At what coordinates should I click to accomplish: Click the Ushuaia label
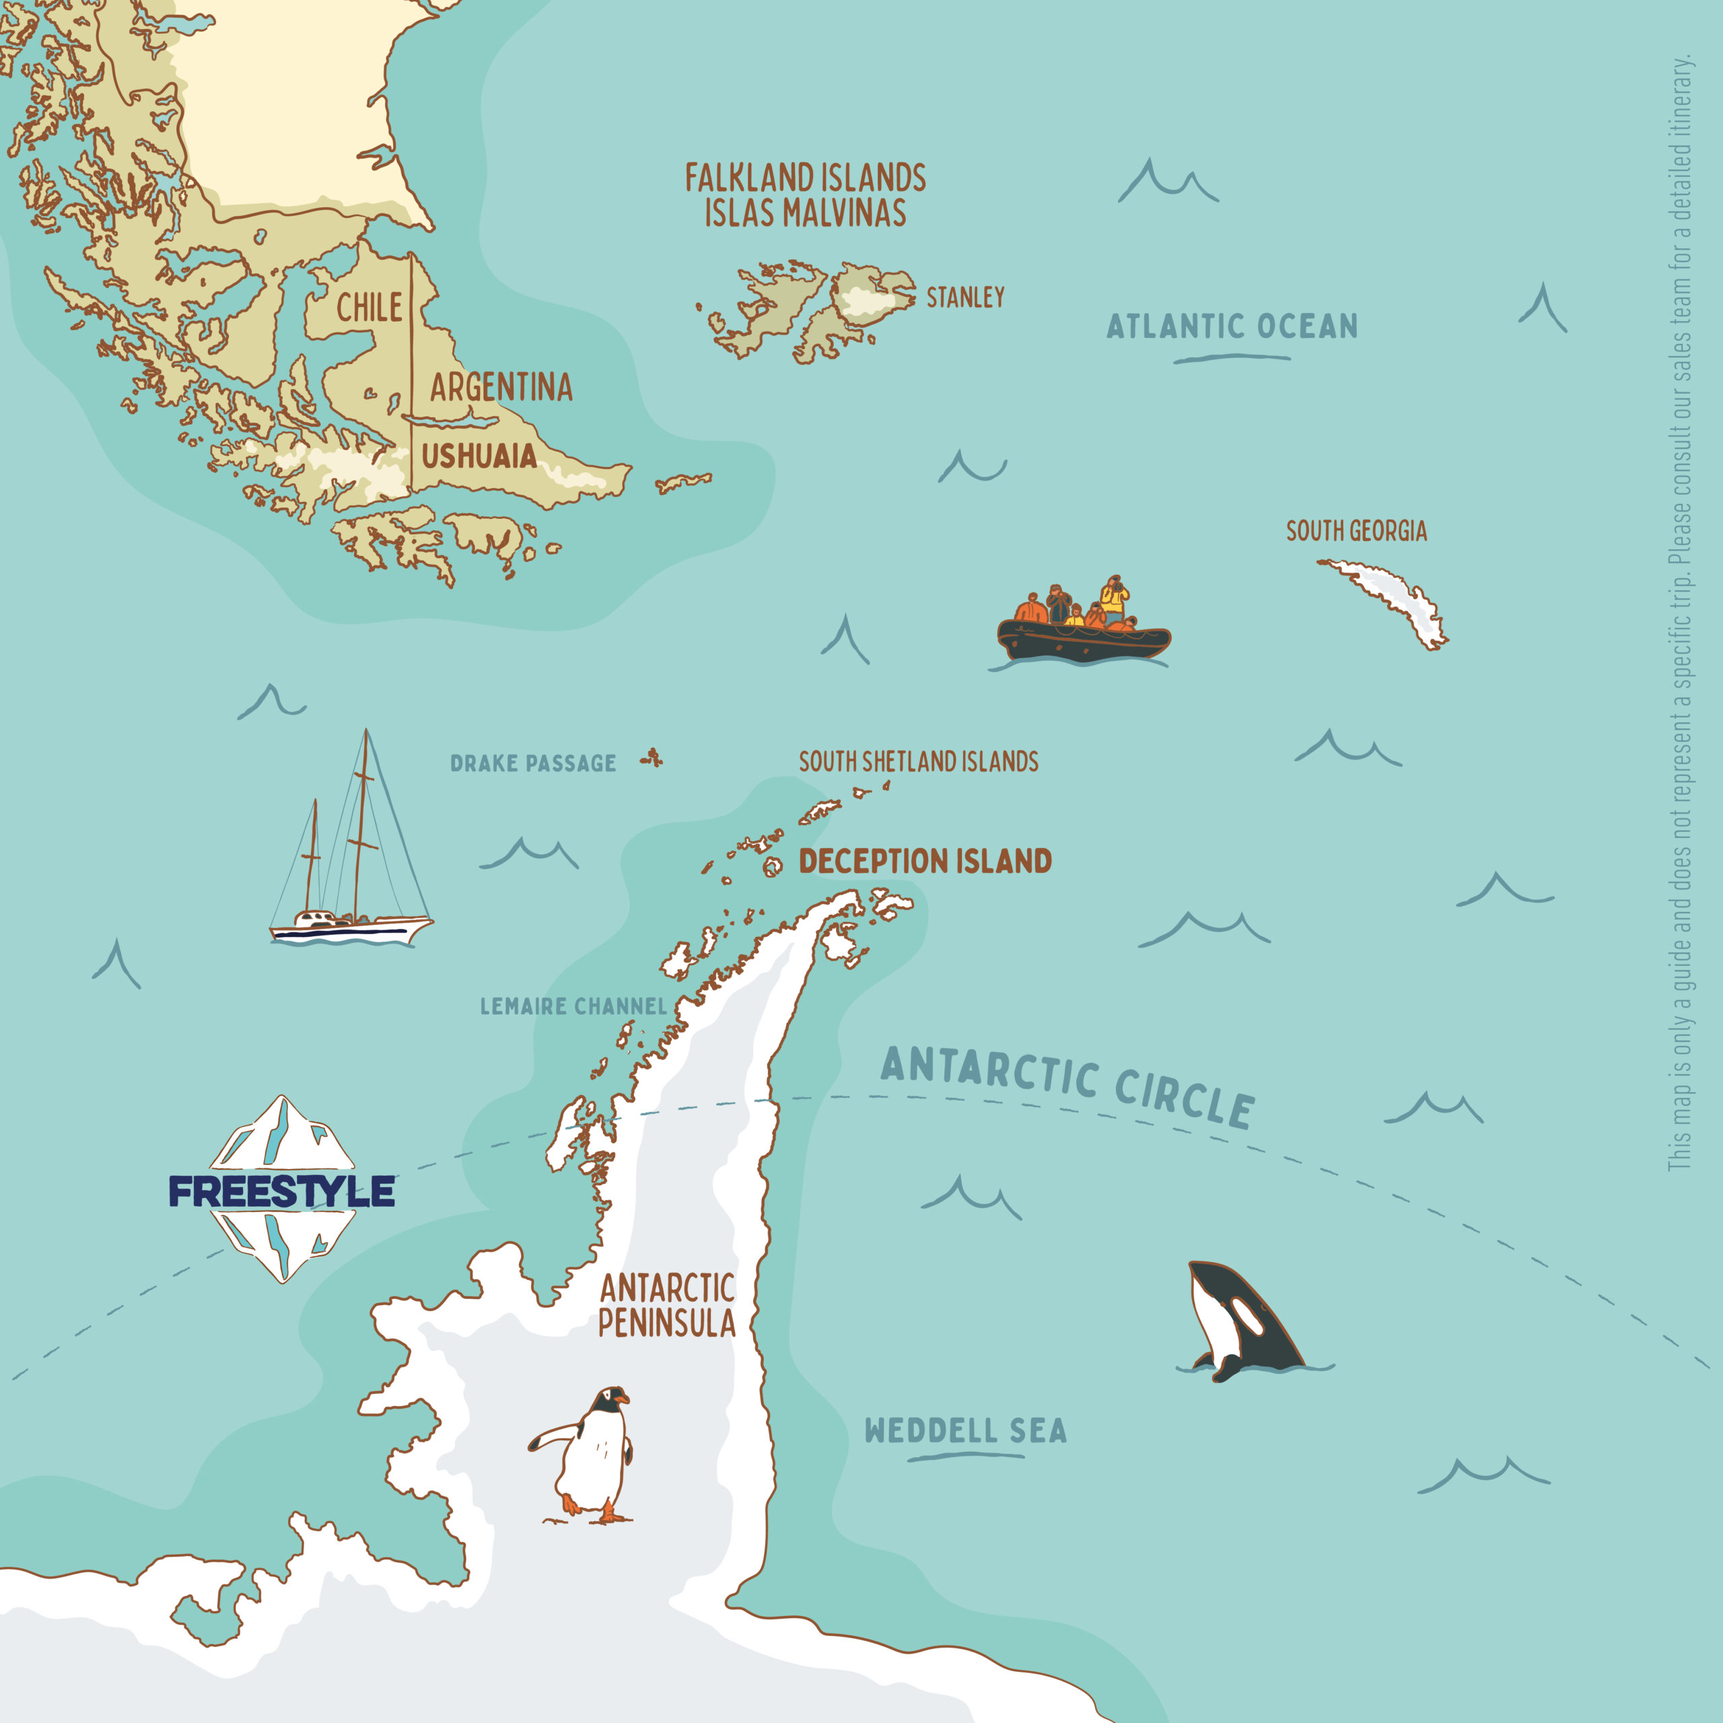479,456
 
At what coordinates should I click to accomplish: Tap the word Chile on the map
370,308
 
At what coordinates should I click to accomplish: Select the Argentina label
501,387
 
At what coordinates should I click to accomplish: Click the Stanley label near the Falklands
965,297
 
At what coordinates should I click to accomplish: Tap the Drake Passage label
532,763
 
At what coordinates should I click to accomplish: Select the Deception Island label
925,861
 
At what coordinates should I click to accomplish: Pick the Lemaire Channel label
573,1006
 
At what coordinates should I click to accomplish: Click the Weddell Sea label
966,1430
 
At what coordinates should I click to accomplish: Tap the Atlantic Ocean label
1232,326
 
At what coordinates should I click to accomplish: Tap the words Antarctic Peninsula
667,1306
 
